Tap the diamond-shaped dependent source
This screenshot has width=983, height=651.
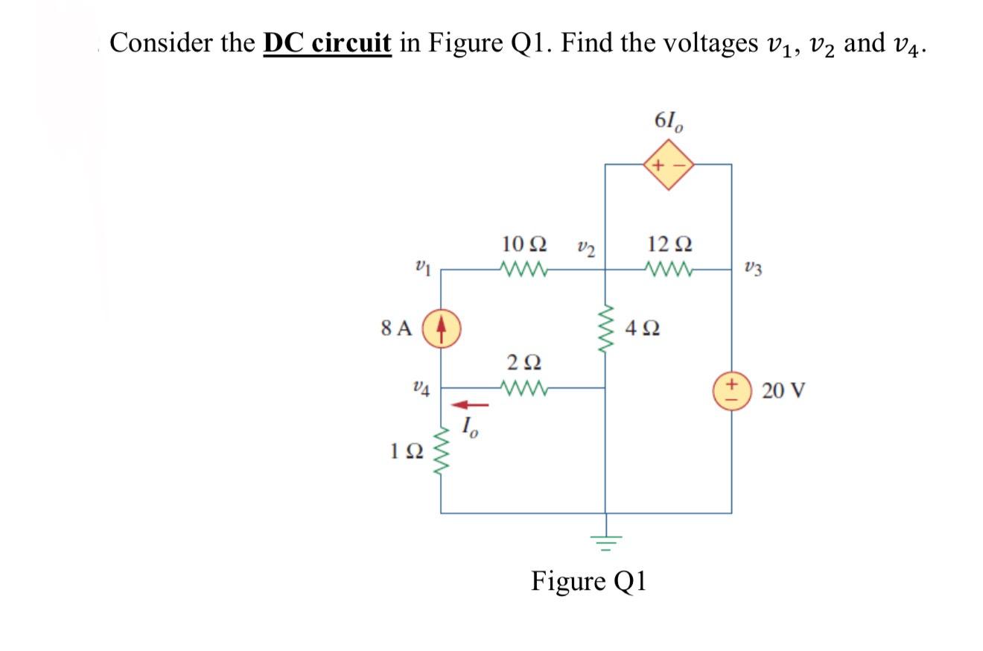669,165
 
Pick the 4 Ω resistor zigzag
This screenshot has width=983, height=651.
605,328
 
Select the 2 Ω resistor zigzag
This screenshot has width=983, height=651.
526,387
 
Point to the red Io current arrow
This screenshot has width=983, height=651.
471,405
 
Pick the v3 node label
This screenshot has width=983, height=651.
753,269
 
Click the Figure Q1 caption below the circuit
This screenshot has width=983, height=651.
588,580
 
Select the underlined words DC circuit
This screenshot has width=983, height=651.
328,44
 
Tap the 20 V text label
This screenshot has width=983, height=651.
783,390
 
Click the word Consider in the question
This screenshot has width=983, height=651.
161,43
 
